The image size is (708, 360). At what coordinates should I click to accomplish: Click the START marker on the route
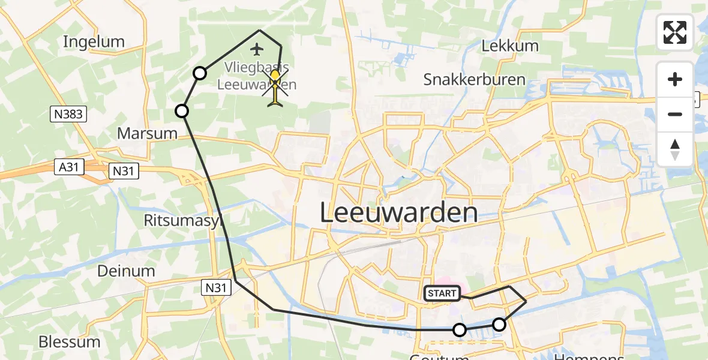tap(442, 293)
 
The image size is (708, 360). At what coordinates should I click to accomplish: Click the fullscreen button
tap(675, 32)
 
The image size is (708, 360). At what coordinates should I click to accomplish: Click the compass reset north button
tap(675, 149)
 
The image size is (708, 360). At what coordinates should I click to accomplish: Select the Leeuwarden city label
tap(398, 213)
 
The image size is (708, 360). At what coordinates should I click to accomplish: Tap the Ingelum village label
tap(94, 42)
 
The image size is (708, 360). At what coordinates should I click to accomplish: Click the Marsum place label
tap(147, 133)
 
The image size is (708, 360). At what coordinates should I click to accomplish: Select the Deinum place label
tap(126, 271)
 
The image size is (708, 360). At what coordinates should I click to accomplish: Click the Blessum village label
tap(69, 342)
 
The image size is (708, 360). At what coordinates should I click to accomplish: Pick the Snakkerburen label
tap(474, 79)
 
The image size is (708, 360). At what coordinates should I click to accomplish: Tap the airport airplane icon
tap(258, 49)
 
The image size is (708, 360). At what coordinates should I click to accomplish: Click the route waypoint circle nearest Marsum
tap(182, 110)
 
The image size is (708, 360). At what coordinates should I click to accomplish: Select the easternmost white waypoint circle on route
tap(499, 325)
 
